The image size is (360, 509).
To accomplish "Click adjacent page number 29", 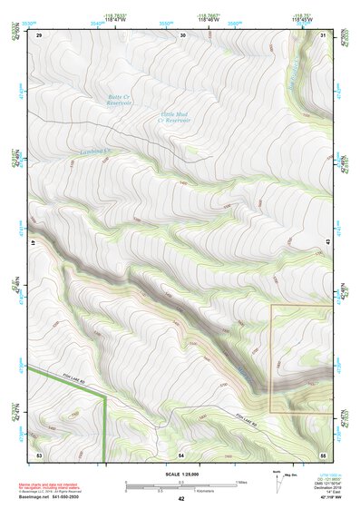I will point(39,35).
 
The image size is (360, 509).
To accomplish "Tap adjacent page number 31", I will point(324,35).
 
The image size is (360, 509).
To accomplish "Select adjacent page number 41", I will point(34,242).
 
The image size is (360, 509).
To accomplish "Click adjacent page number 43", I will point(328,242).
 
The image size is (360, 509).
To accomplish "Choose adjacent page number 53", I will point(39,453).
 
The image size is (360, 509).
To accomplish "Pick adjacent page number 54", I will point(181,453).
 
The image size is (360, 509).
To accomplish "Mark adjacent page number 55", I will point(324,453).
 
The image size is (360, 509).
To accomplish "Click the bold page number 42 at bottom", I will point(181,499).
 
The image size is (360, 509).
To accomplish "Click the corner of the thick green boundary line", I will point(107,396).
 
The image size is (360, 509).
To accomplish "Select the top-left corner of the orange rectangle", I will point(271,305).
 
